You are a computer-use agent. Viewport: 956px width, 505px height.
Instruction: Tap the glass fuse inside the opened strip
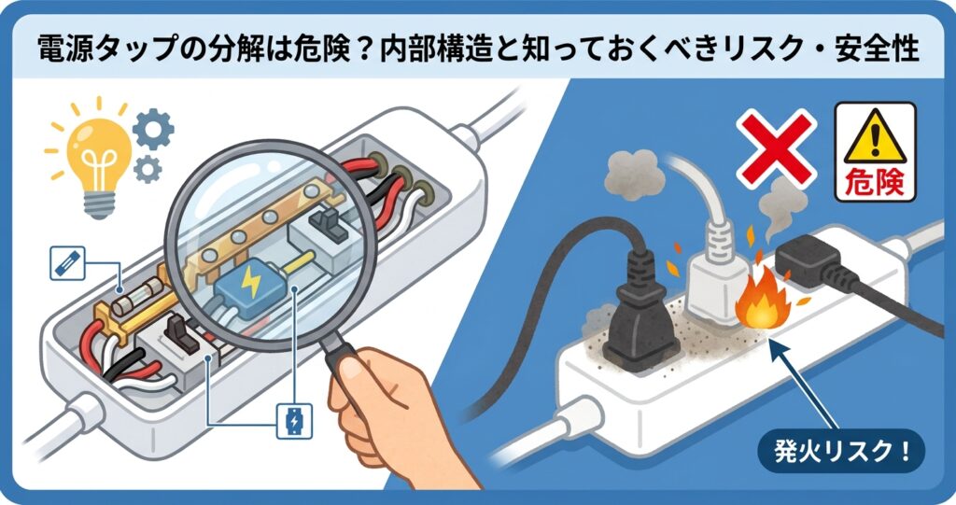(x=130, y=304)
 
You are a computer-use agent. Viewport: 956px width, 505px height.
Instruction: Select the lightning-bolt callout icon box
(x=292, y=422)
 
